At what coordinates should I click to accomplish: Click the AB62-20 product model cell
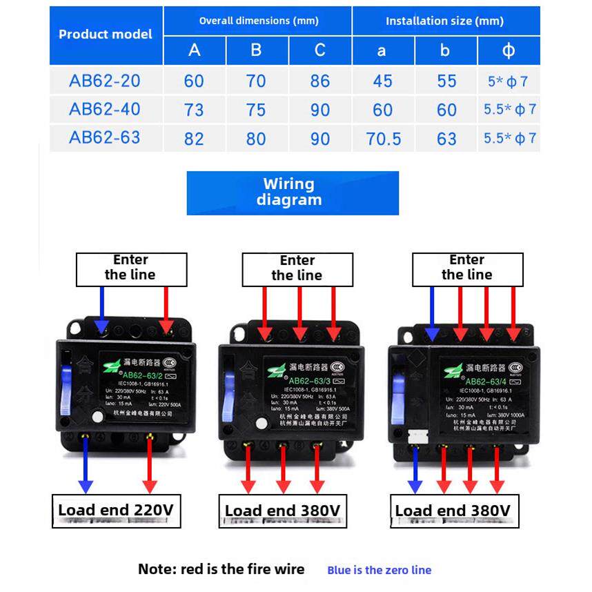(105, 81)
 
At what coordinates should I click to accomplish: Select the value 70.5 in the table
(384, 139)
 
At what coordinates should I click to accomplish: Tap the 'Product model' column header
(106, 34)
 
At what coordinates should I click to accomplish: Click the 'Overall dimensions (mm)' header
(259, 21)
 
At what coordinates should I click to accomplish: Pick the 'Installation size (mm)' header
(444, 21)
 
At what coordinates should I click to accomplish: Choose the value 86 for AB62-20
(320, 81)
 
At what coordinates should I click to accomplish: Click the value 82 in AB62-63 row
(194, 139)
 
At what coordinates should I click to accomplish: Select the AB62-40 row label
(105, 109)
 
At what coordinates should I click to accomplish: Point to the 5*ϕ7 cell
(508, 81)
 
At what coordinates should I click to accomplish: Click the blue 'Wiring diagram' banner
(293, 193)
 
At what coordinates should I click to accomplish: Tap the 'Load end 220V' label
(116, 511)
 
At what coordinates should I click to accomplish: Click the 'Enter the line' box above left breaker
(131, 268)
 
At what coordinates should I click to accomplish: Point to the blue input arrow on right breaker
(432, 314)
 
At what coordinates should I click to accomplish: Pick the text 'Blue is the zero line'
(379, 570)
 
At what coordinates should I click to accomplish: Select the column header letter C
(320, 50)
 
